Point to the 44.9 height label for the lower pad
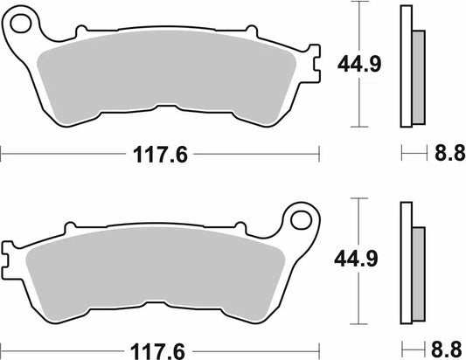click(358, 259)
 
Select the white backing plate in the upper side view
click(406, 66)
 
